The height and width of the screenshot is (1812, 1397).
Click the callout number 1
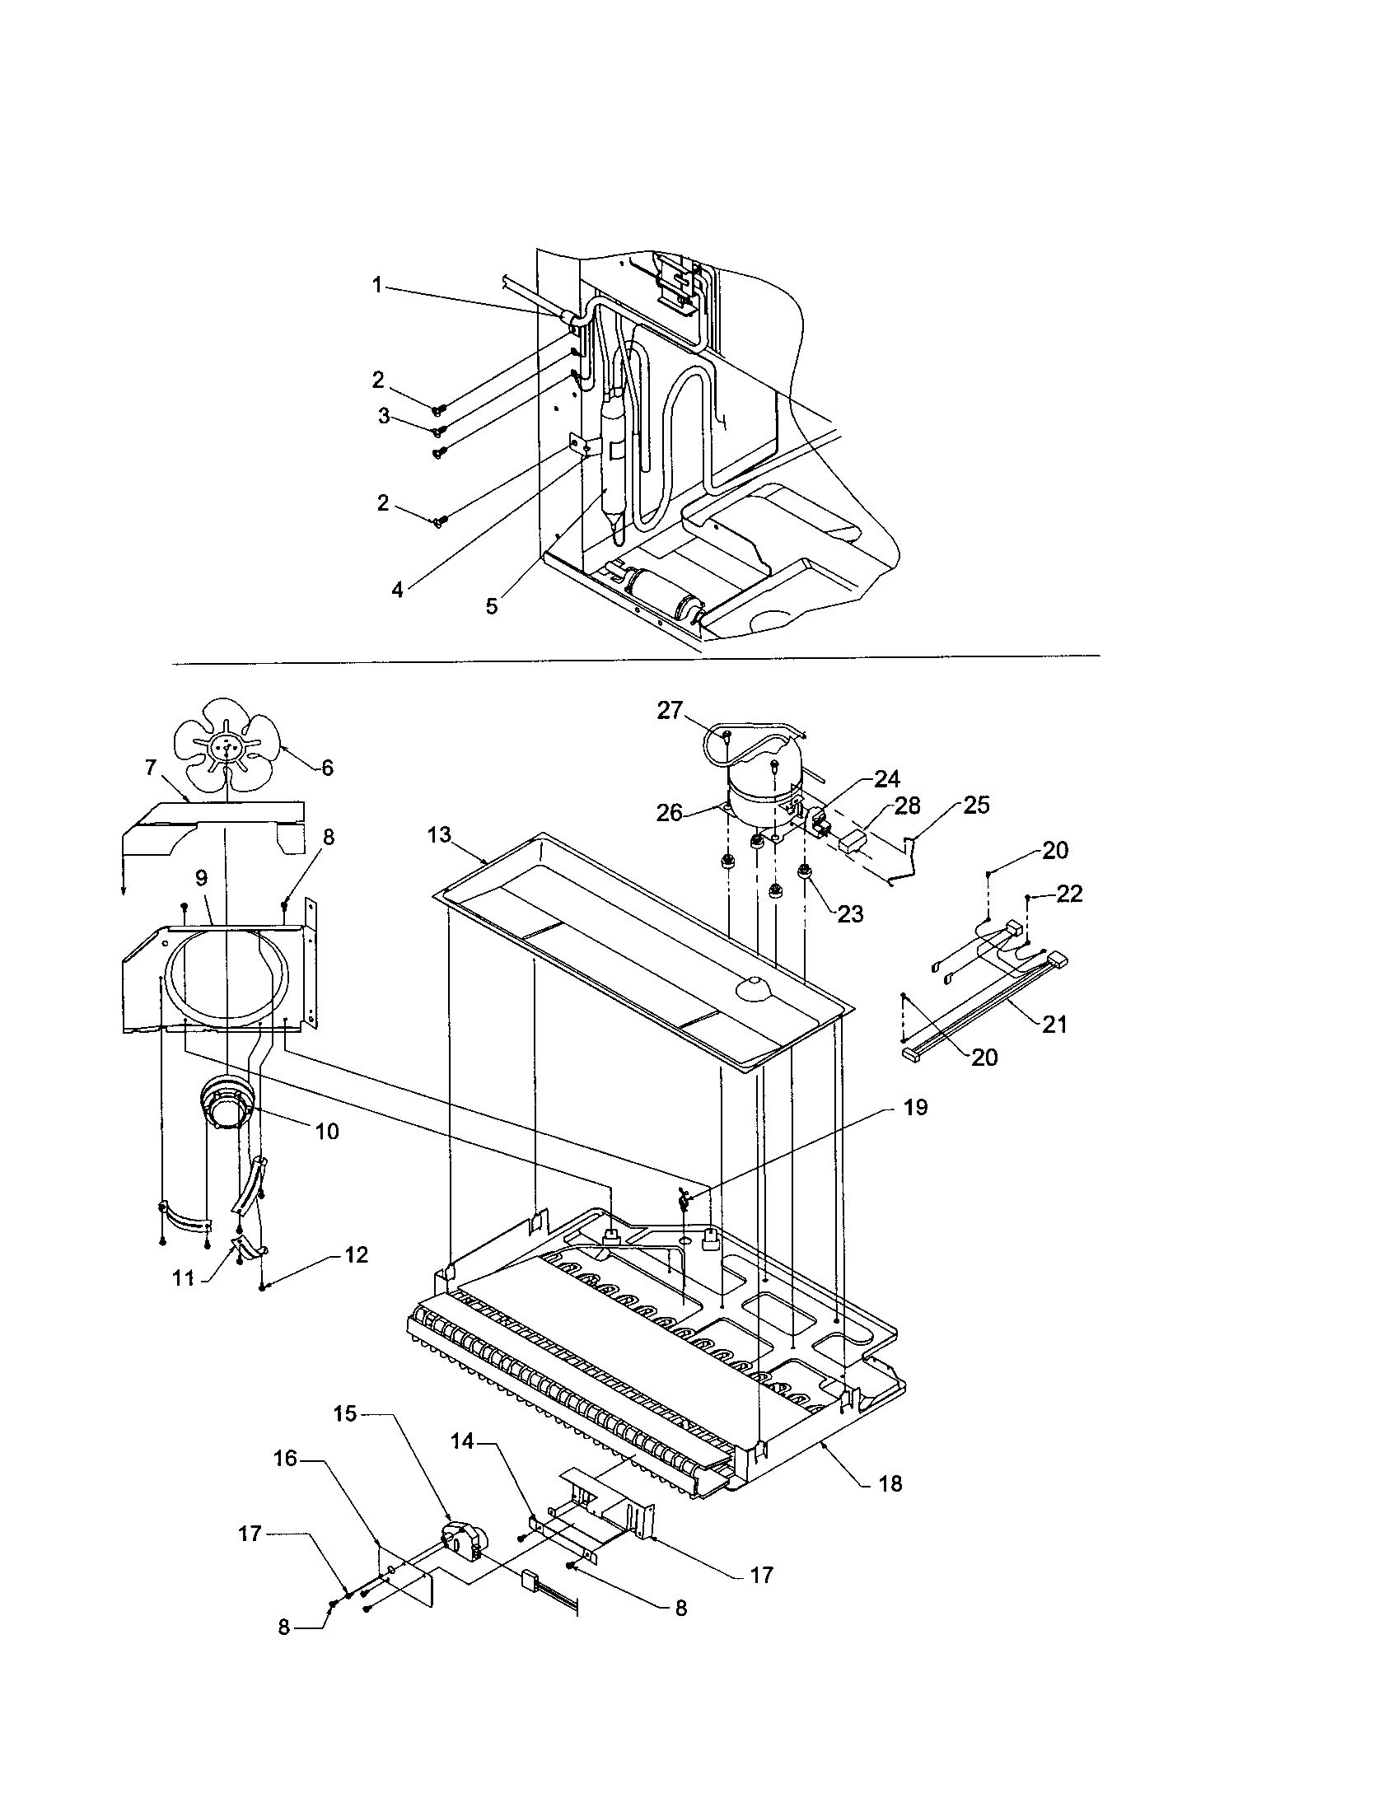pos(376,286)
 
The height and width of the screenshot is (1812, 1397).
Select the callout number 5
pos(492,606)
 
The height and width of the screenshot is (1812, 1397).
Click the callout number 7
pos(150,768)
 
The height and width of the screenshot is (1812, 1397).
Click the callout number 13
pos(439,834)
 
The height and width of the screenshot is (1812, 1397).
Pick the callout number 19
pos(915,1108)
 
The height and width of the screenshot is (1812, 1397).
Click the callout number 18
pos(890,1483)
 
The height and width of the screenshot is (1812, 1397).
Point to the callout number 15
pos(346,1413)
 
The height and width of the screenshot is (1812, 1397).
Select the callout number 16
pos(285,1458)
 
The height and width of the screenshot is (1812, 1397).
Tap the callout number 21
pos(1054,1025)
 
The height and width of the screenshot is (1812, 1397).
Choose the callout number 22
pos(1069,894)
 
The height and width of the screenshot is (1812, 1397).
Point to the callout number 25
pos(976,805)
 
